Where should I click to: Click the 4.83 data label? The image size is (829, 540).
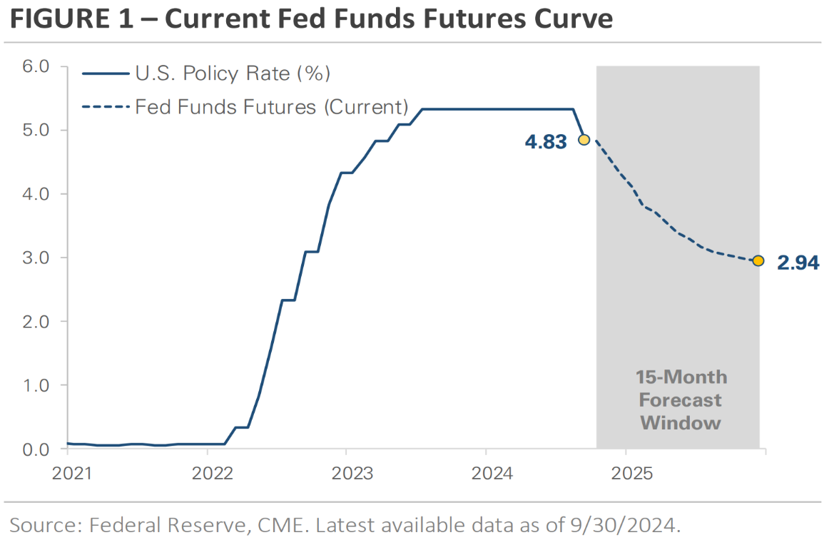(x=546, y=142)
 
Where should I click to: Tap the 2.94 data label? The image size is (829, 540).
(x=798, y=263)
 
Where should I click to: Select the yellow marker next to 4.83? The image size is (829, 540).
(x=584, y=139)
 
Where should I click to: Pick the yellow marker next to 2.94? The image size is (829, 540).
(x=758, y=260)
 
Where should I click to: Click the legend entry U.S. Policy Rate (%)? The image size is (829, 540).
(x=233, y=73)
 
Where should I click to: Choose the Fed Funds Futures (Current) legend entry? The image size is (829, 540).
(x=271, y=107)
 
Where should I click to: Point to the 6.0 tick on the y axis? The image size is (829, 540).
(x=35, y=66)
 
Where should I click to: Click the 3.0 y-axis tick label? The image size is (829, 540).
(x=35, y=258)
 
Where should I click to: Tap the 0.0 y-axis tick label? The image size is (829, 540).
(x=35, y=449)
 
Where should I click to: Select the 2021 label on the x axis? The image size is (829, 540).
(x=72, y=474)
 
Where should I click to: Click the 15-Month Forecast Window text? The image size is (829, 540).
(x=681, y=399)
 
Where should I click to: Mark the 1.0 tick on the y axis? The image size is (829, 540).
(x=35, y=385)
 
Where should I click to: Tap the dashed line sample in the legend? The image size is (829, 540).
(x=105, y=107)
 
